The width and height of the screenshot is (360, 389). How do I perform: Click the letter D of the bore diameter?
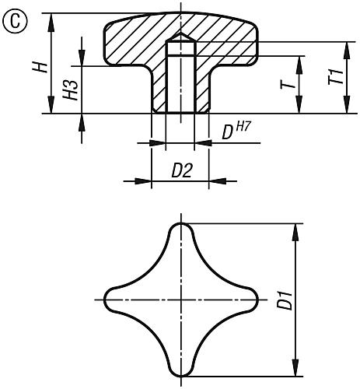point(228,131)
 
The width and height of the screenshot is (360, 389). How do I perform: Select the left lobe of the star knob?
point(110,299)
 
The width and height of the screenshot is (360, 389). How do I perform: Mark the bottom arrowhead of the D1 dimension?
point(297,369)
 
